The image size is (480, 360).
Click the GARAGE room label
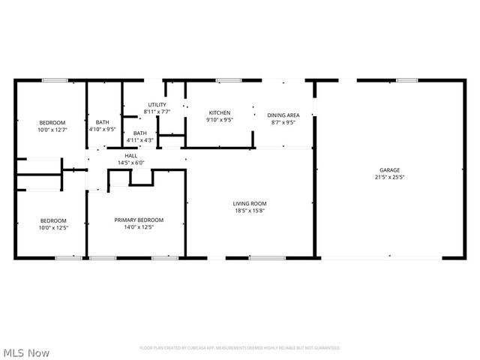(388, 170)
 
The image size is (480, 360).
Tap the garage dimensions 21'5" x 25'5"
(388, 178)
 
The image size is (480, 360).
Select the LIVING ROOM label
(250, 203)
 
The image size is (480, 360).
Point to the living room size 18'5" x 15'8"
(250, 211)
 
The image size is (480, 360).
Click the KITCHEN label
(219, 112)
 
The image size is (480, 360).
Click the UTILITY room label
(157, 105)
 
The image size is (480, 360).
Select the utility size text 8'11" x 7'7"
(157, 112)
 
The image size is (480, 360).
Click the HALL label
(130, 156)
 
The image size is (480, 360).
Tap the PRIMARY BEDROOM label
(139, 220)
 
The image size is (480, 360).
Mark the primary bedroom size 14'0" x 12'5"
(139, 227)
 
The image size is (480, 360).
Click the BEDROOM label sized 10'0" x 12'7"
(52, 122)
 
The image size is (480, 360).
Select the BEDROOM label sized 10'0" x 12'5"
(52, 220)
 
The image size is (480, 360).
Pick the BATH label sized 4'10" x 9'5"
(102, 122)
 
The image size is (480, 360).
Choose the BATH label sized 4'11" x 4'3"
(140, 133)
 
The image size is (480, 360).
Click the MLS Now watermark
(26, 352)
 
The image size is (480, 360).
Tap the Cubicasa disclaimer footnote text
(239, 348)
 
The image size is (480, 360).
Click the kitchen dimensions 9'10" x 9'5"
(219, 119)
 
